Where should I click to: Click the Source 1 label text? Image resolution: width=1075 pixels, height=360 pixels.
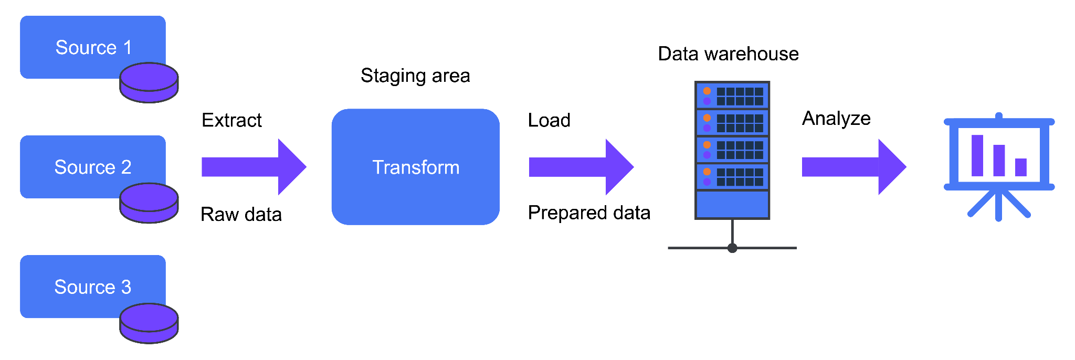93,48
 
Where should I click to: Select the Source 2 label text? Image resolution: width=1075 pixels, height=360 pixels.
93,167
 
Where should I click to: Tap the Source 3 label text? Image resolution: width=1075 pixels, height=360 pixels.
93,287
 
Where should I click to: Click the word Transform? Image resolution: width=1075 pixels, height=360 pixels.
416,167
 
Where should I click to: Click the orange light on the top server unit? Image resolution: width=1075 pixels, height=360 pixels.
707,91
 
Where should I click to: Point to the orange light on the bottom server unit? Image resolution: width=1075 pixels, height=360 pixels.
707,172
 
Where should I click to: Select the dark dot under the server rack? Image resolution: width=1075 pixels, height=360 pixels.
732,248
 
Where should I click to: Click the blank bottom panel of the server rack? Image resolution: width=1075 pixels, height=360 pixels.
732,204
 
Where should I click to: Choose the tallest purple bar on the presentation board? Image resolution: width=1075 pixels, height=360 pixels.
977,155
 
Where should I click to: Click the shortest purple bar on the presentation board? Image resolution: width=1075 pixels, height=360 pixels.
1020,167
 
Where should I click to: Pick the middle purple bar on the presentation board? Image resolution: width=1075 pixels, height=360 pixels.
999,160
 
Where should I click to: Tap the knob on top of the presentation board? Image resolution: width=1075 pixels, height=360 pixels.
999,115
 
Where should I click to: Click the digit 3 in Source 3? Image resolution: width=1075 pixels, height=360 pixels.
126,287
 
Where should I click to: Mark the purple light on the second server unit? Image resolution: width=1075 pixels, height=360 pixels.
707,128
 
